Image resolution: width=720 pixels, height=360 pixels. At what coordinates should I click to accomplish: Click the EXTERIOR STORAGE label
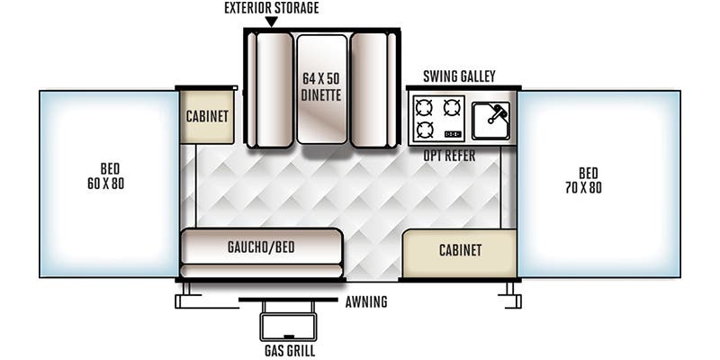tap(271, 8)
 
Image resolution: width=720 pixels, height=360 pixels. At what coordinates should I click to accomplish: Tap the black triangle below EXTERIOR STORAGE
tap(271, 22)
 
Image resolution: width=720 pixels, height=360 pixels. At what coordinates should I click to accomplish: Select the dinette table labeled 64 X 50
tap(321, 89)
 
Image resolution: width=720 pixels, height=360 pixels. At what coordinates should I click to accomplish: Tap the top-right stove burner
tap(451, 109)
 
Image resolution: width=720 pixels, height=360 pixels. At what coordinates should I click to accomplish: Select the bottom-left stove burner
tap(425, 130)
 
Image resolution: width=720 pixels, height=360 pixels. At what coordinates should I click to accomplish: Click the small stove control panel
tap(454, 135)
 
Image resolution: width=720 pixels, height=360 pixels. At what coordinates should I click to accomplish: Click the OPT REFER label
tap(450, 156)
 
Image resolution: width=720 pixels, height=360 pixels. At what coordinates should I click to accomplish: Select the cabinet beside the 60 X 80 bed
tap(207, 116)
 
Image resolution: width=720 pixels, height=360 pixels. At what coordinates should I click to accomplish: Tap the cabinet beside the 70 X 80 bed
tap(459, 251)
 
